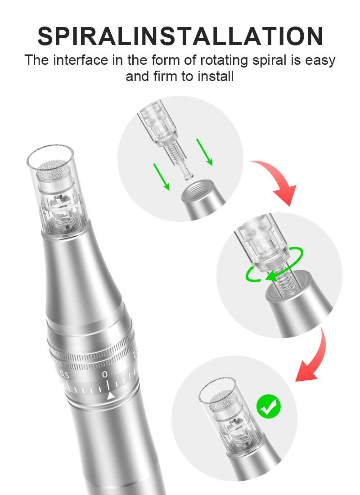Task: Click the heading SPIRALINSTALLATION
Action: (x=180, y=36)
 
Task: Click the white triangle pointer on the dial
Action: (x=110, y=396)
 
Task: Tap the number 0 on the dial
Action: (x=105, y=374)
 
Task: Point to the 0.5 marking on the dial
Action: (x=65, y=375)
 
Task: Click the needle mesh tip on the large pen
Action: (x=53, y=172)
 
